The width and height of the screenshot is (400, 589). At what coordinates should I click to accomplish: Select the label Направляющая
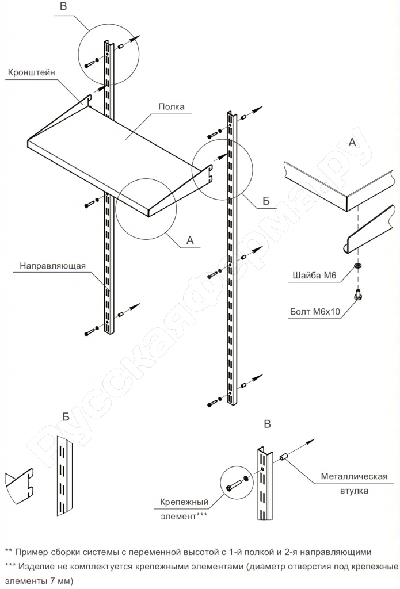pos(52,266)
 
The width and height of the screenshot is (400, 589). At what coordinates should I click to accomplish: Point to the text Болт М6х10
pos(315,313)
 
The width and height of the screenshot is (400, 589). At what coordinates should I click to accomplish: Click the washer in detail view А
pos(359,267)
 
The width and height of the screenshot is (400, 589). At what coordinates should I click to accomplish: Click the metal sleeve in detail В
pos(283,458)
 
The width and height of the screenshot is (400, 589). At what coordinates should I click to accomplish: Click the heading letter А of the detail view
pos(353,142)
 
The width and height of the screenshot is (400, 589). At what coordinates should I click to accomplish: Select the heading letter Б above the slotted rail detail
pos(66,416)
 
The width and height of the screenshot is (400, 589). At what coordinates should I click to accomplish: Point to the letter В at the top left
pos(63,7)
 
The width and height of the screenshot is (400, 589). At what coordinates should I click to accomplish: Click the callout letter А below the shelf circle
pos(189,240)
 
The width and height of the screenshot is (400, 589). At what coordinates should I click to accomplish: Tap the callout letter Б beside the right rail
pos(266,201)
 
